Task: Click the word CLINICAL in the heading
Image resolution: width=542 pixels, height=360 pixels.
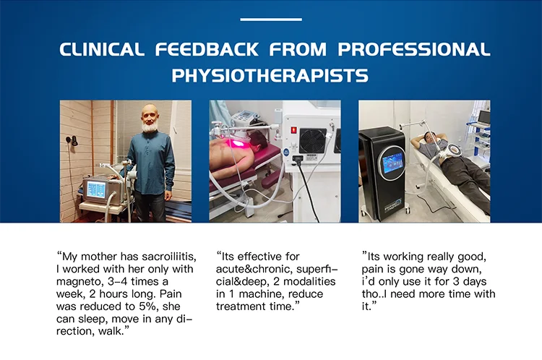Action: [x=102, y=49]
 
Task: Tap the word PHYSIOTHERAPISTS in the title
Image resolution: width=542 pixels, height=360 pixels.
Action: [x=270, y=75]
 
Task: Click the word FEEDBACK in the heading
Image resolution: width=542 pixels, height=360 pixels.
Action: [x=207, y=49]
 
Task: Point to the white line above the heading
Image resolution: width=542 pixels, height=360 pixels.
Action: [x=271, y=20]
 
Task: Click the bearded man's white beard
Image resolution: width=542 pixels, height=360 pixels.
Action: [x=150, y=127]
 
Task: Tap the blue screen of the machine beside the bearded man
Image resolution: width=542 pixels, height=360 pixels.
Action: [x=96, y=189]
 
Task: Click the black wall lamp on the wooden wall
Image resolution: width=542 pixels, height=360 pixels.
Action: [x=72, y=140]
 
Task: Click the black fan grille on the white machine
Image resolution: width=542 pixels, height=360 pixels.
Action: [x=312, y=141]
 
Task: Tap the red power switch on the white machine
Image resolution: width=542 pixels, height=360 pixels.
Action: [x=293, y=131]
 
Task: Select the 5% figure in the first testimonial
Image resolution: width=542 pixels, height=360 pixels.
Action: [x=150, y=307]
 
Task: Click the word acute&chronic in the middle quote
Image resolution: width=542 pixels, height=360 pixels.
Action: [x=254, y=269]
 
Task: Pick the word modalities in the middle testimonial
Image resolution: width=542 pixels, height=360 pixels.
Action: [x=309, y=281]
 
